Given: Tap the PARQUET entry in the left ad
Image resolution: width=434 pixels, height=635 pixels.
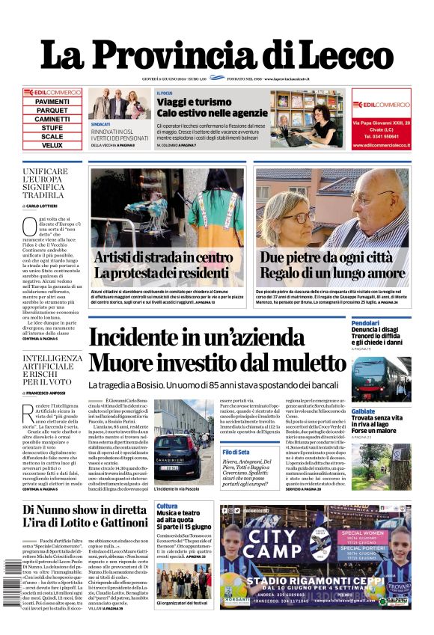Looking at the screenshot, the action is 52,110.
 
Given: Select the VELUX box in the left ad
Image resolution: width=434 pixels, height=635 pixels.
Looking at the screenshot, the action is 52,145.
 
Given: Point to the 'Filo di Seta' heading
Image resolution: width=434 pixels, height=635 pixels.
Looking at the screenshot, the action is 236,452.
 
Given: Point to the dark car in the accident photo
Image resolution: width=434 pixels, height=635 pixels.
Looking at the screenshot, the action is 174,447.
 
